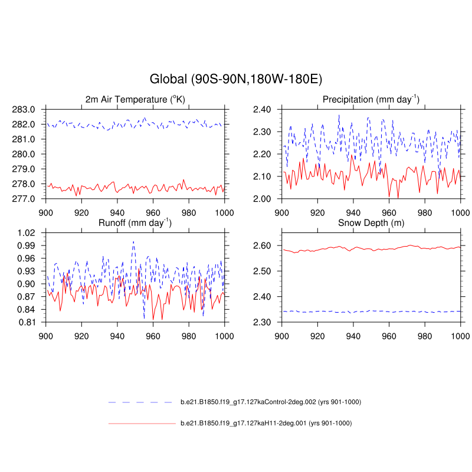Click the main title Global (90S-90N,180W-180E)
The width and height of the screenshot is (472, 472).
click(x=236, y=78)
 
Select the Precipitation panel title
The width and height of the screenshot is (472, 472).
click(x=371, y=99)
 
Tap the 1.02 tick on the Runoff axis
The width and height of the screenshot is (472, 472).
click(x=27, y=232)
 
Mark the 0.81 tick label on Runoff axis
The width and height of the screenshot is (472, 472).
click(x=27, y=322)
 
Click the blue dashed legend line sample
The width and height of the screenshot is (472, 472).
click(x=142, y=402)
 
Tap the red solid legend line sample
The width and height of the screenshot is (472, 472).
click(x=142, y=423)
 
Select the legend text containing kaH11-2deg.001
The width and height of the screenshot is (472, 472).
click(x=267, y=423)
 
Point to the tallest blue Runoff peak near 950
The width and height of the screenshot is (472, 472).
click(x=133, y=241)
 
